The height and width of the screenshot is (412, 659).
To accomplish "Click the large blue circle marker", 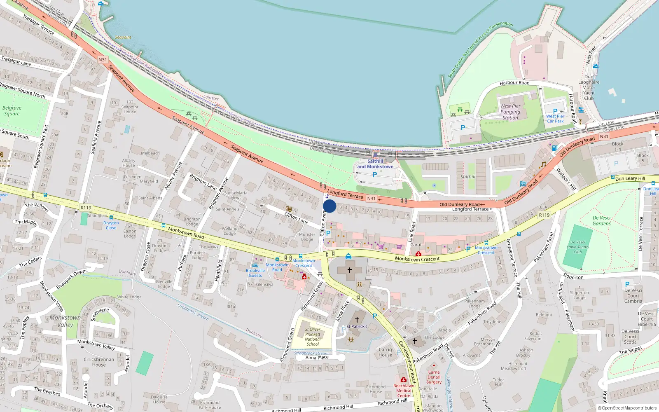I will (329, 206).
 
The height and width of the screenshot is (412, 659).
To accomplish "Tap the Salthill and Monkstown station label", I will (375, 164).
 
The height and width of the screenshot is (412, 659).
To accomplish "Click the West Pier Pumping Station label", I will (510, 112).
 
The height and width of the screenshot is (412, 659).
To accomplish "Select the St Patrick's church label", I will (357, 326).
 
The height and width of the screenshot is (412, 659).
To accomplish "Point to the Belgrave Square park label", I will (12, 111).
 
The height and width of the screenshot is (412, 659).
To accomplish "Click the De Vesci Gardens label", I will (601, 220).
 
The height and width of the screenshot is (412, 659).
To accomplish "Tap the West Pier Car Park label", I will (555, 119).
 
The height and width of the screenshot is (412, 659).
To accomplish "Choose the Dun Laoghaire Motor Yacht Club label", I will (589, 87).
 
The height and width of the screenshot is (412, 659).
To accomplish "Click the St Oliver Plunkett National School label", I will (313, 337).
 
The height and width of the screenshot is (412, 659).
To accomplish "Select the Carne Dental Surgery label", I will (434, 377).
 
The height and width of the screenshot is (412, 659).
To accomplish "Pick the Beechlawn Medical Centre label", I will (404, 391).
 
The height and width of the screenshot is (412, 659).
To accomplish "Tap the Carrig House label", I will (385, 352).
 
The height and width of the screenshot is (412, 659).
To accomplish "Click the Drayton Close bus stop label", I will (111, 225).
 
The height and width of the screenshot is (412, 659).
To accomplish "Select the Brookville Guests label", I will (255, 273).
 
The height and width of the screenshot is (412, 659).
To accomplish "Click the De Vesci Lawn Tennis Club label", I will (577, 247).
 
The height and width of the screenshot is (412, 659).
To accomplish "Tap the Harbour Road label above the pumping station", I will (514, 83).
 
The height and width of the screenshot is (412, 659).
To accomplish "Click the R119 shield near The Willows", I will (86, 208).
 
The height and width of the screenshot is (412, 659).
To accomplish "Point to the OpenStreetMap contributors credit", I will (627, 408).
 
